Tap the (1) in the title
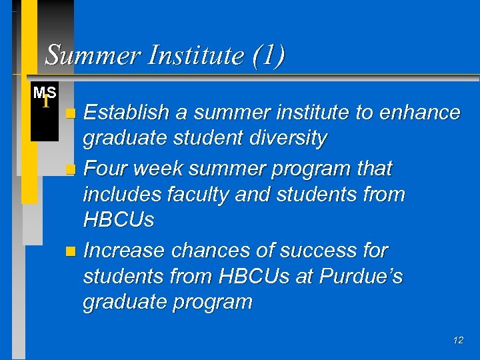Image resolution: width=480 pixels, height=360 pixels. point(269,55)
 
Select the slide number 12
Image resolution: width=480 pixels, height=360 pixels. point(457,340)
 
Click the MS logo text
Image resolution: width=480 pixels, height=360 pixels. point(45,93)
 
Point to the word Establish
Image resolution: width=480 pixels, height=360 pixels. point(128,113)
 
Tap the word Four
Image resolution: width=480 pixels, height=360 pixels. point(107,169)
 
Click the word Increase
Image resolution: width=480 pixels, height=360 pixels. point(125,250)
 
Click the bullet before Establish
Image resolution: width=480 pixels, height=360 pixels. point(72,114)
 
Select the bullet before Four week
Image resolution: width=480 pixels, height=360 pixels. point(72,170)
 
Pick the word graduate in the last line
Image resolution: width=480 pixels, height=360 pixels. point(123,302)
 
